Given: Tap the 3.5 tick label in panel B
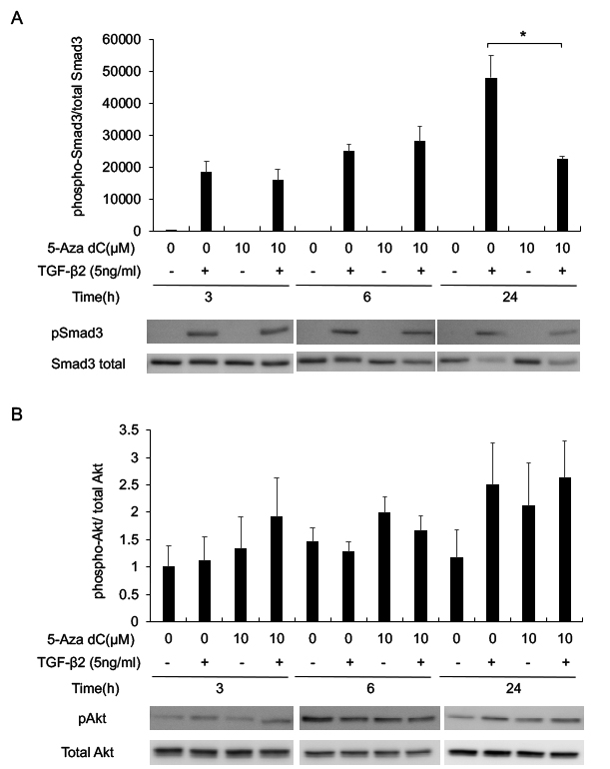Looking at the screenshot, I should [128, 430].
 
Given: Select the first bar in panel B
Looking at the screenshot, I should [169, 593].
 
